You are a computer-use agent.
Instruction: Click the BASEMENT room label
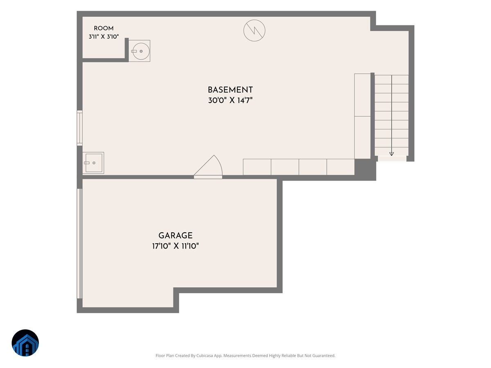[x=230, y=90]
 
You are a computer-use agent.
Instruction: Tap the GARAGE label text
[x=176, y=236]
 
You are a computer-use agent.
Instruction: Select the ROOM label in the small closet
[x=104, y=28]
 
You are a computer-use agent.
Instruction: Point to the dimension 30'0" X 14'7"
[x=230, y=100]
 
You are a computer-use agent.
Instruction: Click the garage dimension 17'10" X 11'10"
[x=176, y=246]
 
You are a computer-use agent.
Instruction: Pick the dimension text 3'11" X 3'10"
[x=104, y=37]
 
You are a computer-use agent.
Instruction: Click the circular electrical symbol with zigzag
[x=255, y=30]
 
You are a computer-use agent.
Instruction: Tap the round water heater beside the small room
[x=140, y=51]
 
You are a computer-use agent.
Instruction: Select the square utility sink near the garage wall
[x=94, y=163]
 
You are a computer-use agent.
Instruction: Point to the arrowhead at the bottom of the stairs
[x=392, y=154]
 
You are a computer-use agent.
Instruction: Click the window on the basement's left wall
[x=80, y=128]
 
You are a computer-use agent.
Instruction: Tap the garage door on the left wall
[x=80, y=244]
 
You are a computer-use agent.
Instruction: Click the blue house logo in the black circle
[x=25, y=343]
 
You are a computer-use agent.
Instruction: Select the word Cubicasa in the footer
[x=205, y=355]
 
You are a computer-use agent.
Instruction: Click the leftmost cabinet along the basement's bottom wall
[x=257, y=167]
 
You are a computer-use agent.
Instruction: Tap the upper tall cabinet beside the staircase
[x=363, y=95]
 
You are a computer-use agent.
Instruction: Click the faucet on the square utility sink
[x=87, y=163]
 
